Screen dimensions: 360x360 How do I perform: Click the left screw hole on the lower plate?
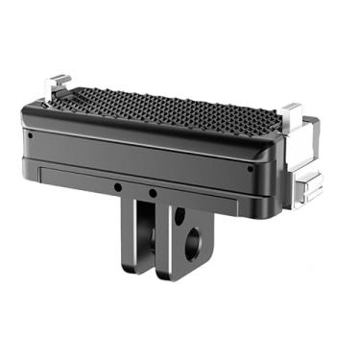pyautogui.click(x=115, y=187)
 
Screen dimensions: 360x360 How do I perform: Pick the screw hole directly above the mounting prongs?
pyautogui.click(x=154, y=193)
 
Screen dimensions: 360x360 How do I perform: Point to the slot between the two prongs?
pyautogui.click(x=157, y=240)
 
